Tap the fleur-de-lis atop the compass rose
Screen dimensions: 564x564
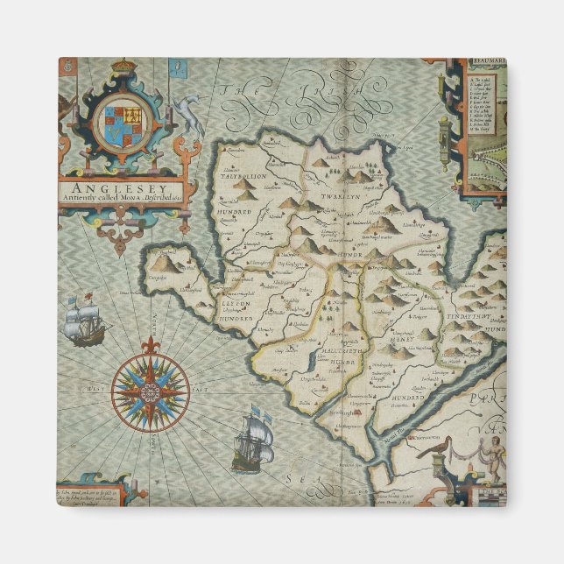pyautogui.click(x=150, y=343)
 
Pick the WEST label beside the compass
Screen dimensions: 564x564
pyautogui.click(x=96, y=387)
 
